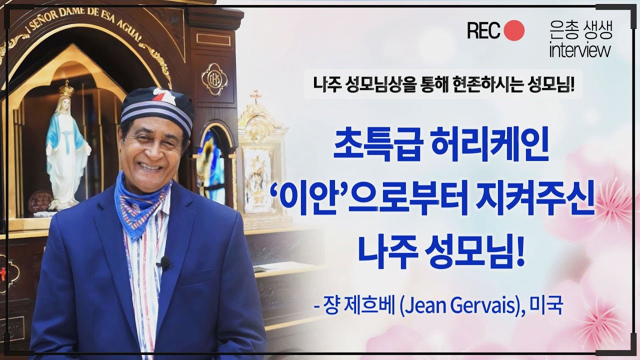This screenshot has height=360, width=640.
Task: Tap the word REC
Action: [483, 31]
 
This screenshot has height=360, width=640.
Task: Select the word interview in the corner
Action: [579, 50]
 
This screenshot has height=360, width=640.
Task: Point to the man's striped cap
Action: [157, 107]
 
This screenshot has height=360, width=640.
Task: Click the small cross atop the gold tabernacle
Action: [256, 95]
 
